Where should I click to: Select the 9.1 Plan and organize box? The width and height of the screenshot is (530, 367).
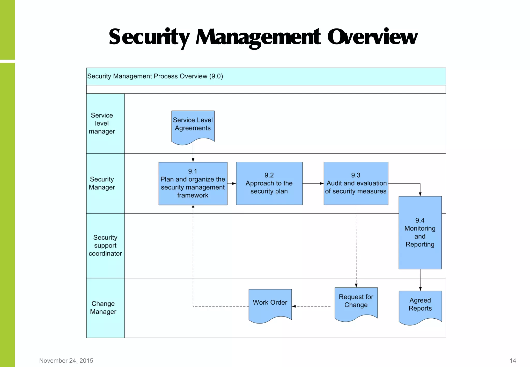click(193, 183)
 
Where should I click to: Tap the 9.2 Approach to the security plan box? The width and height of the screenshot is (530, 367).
click(269, 183)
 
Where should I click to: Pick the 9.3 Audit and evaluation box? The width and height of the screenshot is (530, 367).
click(356, 183)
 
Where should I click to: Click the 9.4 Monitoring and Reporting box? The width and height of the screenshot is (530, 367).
click(420, 232)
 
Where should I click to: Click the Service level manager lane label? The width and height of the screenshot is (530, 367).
click(102, 123)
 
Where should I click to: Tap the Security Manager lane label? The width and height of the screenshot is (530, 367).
click(102, 183)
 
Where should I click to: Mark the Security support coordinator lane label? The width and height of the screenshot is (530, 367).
click(105, 245)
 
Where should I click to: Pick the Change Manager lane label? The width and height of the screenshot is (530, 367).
click(103, 307)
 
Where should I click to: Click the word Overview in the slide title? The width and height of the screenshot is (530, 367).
click(372, 37)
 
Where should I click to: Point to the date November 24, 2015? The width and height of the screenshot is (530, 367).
click(66, 361)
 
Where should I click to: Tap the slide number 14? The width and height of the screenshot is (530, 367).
click(513, 361)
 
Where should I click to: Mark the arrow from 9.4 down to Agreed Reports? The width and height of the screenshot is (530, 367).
click(420, 280)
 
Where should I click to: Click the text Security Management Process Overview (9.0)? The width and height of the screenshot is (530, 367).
click(155, 76)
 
